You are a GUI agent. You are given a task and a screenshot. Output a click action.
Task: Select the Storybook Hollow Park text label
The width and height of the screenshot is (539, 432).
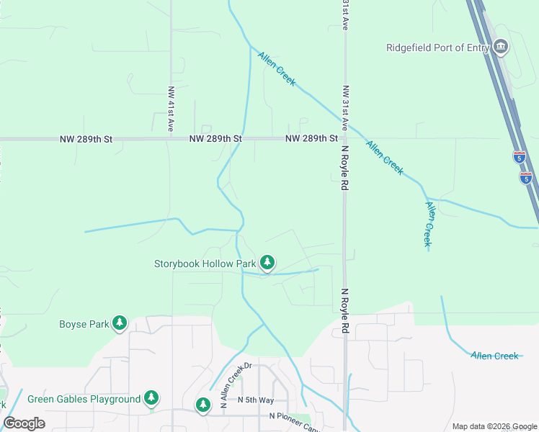click(x=205, y=264)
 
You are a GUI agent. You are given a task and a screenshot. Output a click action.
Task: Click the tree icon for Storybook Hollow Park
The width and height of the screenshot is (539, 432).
click(x=267, y=263)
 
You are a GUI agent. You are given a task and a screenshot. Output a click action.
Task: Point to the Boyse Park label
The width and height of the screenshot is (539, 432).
click(x=83, y=324)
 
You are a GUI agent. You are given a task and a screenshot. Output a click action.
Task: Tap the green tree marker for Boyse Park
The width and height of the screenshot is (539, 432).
click(x=120, y=323)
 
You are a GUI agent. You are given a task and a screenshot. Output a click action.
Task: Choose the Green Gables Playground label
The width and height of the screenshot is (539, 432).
click(x=84, y=399)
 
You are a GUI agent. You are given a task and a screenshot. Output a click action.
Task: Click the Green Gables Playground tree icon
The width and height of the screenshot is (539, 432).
click(x=151, y=397)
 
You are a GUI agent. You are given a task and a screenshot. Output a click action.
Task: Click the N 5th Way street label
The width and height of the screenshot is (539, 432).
click(x=257, y=400)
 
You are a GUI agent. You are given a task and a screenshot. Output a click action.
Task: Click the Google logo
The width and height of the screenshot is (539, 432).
click(x=24, y=423)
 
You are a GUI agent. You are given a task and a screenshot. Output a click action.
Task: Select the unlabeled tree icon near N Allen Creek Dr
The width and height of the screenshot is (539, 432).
click(x=203, y=405)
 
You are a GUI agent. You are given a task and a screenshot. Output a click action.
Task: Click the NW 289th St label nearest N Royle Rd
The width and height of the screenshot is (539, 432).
click(x=311, y=138)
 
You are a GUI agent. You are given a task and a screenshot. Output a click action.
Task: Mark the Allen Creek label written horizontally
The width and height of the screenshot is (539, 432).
click(x=494, y=356)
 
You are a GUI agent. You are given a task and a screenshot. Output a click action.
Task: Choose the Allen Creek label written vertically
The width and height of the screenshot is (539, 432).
click(x=429, y=225)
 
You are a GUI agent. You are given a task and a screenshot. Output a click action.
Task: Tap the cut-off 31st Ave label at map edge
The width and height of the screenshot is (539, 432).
click(x=345, y=14)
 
